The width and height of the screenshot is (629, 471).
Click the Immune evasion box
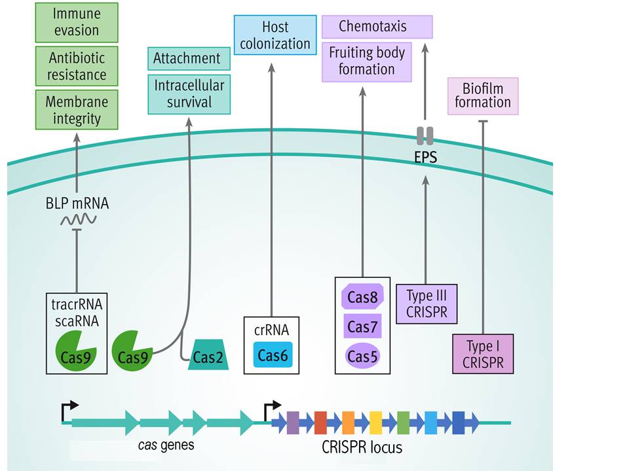pos(76,22)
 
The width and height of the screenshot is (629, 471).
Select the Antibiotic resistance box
pos(76,66)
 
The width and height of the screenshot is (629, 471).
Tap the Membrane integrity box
pos(76,110)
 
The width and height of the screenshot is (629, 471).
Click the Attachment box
pos(187,59)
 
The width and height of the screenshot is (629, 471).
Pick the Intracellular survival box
pos(189,94)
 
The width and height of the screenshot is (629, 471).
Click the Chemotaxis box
pos(377,27)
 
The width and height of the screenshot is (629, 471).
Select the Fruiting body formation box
pos(367,61)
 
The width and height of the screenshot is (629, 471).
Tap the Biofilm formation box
pos(483,96)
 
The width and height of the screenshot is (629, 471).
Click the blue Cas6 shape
pos(273,355)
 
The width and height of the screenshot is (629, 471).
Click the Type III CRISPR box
pos(427,304)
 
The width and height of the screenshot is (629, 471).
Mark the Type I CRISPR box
pos(484,354)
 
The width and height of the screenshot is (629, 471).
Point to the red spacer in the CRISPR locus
pos(320,423)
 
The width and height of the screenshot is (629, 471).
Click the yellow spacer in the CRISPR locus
pos(375,423)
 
